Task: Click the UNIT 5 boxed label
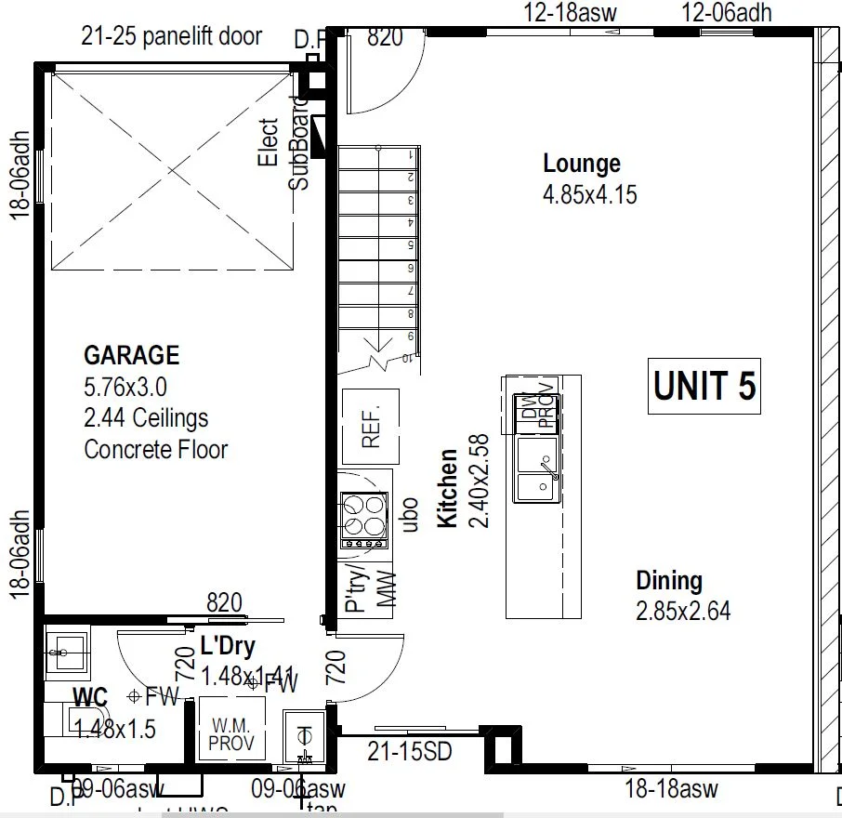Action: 704,386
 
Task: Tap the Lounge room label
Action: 582,164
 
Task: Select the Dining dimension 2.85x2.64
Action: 683,612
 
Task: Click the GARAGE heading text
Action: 131,355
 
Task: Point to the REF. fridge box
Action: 372,427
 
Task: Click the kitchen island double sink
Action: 538,470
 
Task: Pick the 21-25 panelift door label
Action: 172,36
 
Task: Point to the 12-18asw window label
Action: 571,13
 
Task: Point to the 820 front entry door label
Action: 385,37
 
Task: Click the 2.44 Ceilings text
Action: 146,418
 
